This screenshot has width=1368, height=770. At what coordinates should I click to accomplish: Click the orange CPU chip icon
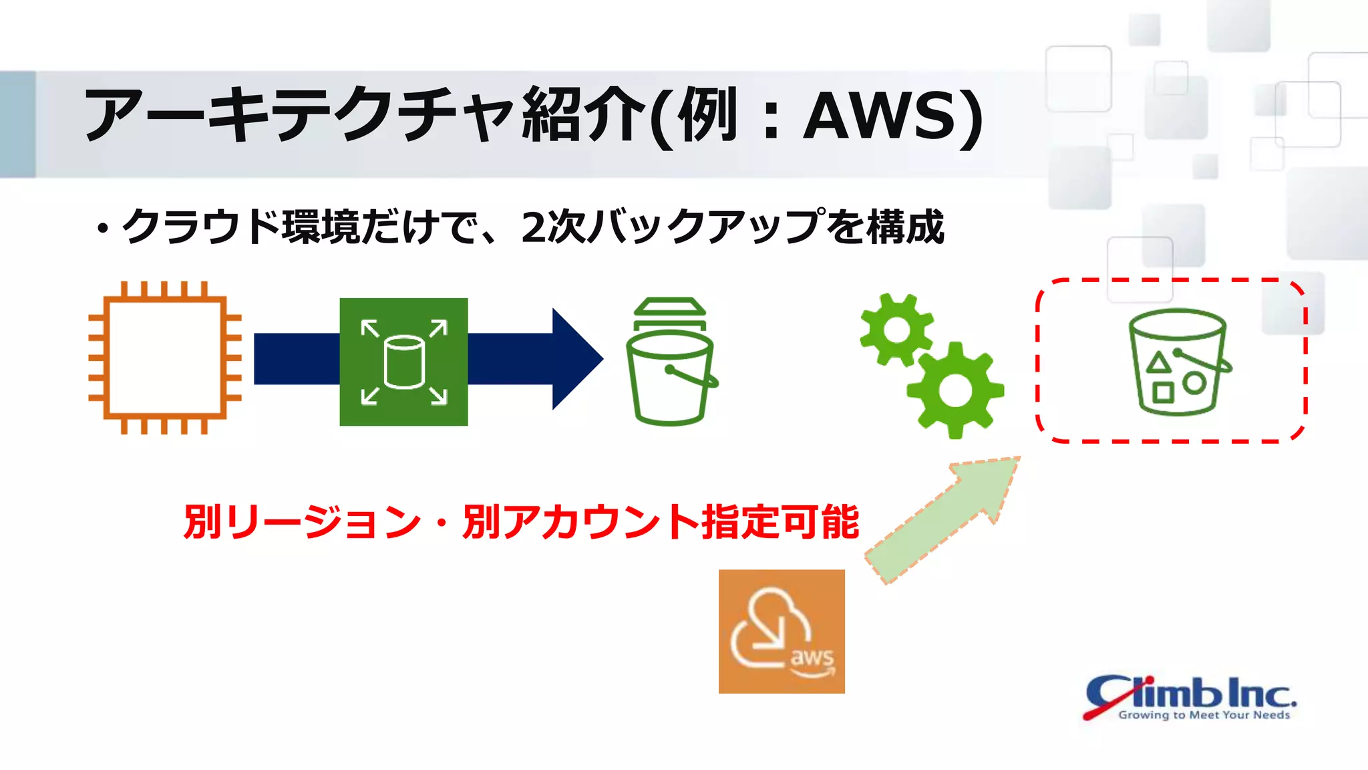pos(165,358)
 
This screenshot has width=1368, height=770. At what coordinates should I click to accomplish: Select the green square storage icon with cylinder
pos(403,362)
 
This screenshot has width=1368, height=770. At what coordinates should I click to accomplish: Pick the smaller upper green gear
pos(896,330)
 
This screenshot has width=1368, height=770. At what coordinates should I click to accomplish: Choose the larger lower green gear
pos(955,390)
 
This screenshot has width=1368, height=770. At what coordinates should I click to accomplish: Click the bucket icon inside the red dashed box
pos(1178,362)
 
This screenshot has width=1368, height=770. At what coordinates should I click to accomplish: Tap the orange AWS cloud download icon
pos(782,631)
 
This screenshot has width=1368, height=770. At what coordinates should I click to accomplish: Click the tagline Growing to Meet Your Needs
pos(1204,715)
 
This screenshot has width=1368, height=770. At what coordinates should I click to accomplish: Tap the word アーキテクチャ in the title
pos(297,116)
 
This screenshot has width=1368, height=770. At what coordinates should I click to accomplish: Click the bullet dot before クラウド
pos(102,229)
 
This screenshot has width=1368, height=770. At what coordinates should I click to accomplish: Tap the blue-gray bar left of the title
pos(17,124)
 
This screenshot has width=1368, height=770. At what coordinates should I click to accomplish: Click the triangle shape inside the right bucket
pos(1158,364)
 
